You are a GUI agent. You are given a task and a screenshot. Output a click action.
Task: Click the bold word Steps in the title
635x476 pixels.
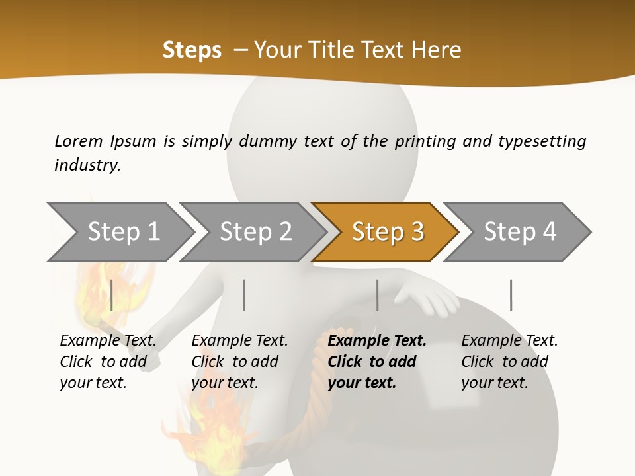click(x=192, y=50)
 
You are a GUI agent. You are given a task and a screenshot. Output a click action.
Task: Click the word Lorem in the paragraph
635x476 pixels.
click(x=79, y=141)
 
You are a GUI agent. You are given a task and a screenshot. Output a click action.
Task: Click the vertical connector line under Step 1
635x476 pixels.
click(x=112, y=295)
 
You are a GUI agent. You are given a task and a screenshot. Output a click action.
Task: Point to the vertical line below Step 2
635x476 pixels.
click(x=244, y=295)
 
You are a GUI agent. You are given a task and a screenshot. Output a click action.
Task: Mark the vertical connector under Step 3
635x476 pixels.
click(x=378, y=295)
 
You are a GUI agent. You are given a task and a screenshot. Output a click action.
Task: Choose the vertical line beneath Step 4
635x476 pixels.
click(x=511, y=295)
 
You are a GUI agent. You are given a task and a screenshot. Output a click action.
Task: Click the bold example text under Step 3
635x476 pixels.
click(x=376, y=362)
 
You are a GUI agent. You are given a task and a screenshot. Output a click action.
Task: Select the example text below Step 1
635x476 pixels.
click(x=108, y=362)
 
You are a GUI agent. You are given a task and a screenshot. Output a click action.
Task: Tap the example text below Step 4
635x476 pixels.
click(x=509, y=362)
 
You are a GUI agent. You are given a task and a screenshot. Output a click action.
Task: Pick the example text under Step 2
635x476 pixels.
click(x=239, y=362)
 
